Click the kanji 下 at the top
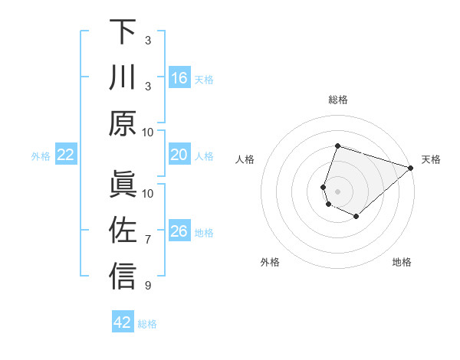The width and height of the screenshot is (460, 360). [x=123, y=32]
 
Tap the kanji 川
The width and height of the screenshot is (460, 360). [x=123, y=77]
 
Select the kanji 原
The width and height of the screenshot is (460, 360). [x=123, y=123]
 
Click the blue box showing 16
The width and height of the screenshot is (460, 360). [x=179, y=78]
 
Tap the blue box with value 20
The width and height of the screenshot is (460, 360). [x=179, y=155]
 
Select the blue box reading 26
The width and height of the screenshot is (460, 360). [x=179, y=231]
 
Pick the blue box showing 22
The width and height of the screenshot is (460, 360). [x=66, y=155]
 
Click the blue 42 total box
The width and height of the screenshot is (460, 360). [x=123, y=322]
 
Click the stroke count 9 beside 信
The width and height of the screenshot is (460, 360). [x=148, y=286]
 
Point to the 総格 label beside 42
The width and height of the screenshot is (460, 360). [x=147, y=324]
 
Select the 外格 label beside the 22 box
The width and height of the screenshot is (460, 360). [x=41, y=156]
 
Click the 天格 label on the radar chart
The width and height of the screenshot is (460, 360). [x=431, y=159]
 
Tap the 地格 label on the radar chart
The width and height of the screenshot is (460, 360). [x=402, y=262]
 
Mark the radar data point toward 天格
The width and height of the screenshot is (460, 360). [x=412, y=168]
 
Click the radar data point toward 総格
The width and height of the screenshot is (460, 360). [x=337, y=146]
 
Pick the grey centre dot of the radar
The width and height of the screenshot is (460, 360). [x=337, y=191]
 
